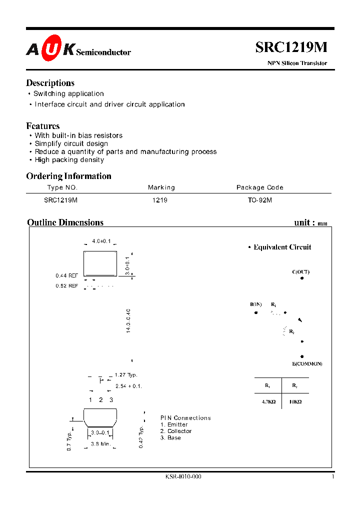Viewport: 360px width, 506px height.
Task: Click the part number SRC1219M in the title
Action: point(291,47)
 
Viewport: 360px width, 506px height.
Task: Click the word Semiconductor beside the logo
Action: point(103,52)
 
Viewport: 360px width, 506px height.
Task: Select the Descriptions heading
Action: point(50,83)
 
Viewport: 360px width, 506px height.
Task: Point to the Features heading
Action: point(42,126)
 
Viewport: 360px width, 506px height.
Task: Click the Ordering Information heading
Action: point(68,176)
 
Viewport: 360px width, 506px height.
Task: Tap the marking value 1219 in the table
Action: point(160,199)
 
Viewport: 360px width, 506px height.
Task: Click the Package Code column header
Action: point(259,187)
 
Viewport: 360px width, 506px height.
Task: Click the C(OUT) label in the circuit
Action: point(301,272)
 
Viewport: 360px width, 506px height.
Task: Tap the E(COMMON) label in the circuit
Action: point(307,363)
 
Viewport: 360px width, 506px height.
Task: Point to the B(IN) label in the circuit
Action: point(256,304)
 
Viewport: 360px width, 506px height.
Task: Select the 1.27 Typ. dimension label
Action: point(125,375)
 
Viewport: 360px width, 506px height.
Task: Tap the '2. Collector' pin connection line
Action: point(176,431)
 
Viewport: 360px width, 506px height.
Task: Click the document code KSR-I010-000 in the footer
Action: point(183,476)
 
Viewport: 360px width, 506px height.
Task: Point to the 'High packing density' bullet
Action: point(69,160)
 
